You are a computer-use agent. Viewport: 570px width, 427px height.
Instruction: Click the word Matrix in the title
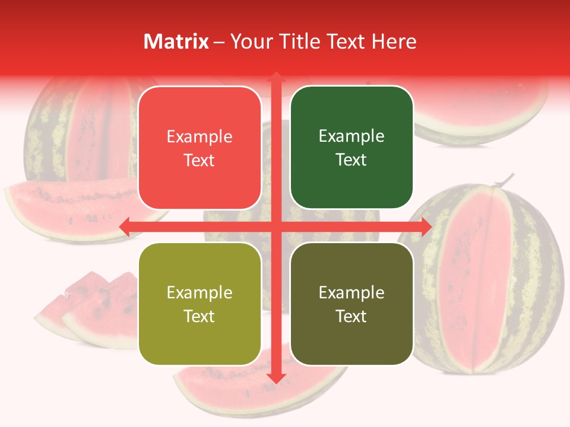pyautogui.click(x=176, y=42)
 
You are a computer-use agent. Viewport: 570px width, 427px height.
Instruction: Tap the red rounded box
pyautogui.click(x=199, y=148)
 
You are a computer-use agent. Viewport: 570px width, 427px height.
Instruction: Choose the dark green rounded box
pyautogui.click(x=351, y=148)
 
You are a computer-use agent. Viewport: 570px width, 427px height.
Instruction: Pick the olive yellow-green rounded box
pyautogui.click(x=199, y=304)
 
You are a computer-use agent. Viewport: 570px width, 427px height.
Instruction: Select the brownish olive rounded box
pyautogui.click(x=351, y=304)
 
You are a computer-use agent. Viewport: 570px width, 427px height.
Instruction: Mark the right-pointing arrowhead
pyautogui.click(x=426, y=226)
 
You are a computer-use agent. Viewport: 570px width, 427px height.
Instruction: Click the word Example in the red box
pyautogui.click(x=199, y=136)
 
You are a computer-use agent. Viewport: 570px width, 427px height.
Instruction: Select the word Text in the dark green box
pyautogui.click(x=351, y=160)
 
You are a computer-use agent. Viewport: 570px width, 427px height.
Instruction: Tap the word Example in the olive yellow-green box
pyautogui.click(x=199, y=292)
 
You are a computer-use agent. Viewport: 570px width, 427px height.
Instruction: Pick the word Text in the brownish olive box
pyautogui.click(x=351, y=317)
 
